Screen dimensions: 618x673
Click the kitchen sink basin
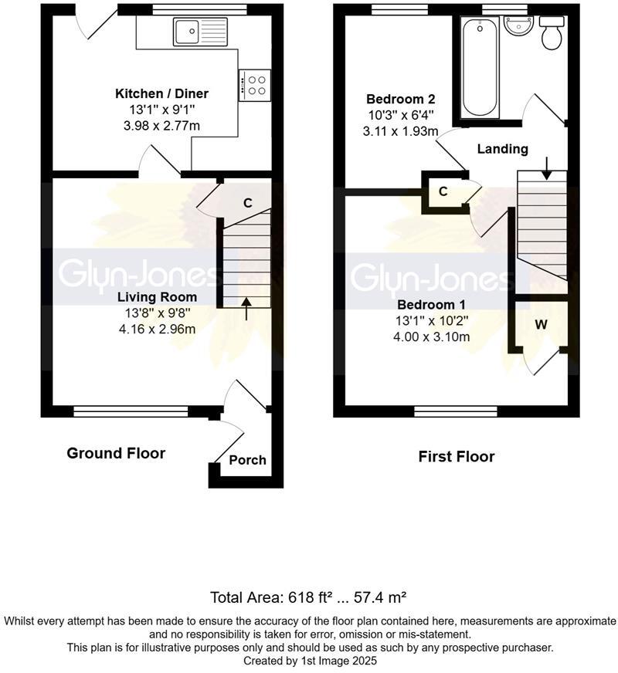point(186,31)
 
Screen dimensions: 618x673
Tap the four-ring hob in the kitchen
point(255,85)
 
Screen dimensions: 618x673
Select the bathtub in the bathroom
point(480,67)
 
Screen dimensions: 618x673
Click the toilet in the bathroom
point(552,33)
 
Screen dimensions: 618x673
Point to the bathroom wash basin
point(518,26)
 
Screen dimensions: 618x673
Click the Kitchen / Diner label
point(162,93)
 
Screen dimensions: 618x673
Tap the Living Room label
point(157,297)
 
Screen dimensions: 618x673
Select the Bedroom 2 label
point(400,99)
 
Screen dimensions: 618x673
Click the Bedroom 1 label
point(431,305)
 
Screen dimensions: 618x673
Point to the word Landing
point(502,150)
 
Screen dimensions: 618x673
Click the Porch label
point(247,460)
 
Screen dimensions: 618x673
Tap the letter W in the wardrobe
point(541,324)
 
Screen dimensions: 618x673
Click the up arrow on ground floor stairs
point(246,309)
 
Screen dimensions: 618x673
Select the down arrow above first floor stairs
point(546,169)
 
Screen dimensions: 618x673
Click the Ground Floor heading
point(116,453)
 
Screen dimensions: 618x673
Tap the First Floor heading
point(457,456)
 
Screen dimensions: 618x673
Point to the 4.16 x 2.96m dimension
point(157,330)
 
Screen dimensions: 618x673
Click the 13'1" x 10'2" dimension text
point(432,320)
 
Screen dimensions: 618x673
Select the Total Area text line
point(308,597)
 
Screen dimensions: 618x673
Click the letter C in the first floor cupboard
point(443,191)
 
